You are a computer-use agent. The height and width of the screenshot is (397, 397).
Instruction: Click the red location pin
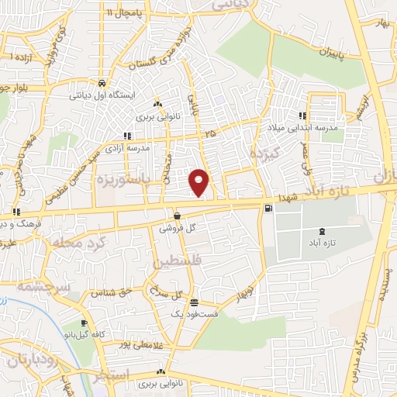[199, 181]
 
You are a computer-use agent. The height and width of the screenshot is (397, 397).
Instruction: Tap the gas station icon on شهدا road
[268, 207]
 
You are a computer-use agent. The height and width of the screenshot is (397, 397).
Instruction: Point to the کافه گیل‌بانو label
[89, 334]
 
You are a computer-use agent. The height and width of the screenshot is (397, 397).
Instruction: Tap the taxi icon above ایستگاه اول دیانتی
[102, 82]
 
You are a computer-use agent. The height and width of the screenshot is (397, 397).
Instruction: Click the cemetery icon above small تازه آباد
[323, 231]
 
